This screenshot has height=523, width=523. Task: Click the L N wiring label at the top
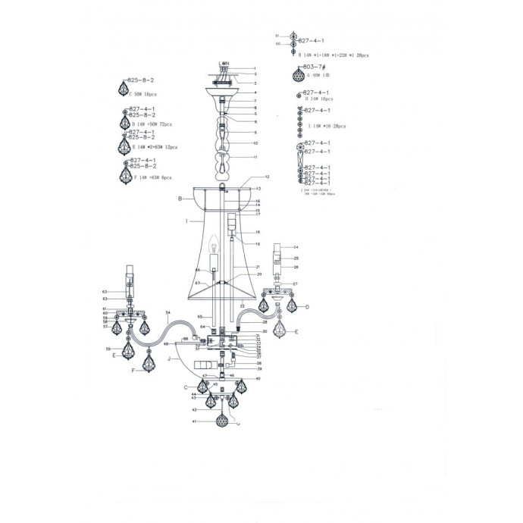pyautogui.click(x=224, y=63)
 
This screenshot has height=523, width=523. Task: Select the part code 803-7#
pyautogui.click(x=313, y=67)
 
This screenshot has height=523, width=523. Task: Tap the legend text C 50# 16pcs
pyautogui.click(x=143, y=95)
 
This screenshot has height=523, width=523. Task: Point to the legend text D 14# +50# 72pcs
pyautogui.click(x=152, y=124)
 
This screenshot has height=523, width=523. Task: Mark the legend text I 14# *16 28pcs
pyautogui.click(x=327, y=127)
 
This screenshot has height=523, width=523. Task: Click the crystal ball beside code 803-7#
pyautogui.click(x=299, y=76)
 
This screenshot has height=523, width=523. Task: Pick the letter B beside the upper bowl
pyautogui.click(x=180, y=199)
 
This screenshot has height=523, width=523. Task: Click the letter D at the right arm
pyautogui.click(x=307, y=307)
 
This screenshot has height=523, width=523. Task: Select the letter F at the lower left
pyautogui.click(x=133, y=370)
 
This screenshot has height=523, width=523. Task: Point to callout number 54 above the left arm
pyautogui.click(x=167, y=313)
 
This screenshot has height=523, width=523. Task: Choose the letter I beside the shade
pyautogui.click(x=186, y=221)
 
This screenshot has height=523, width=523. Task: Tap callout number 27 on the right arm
pyautogui.click(x=295, y=283)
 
